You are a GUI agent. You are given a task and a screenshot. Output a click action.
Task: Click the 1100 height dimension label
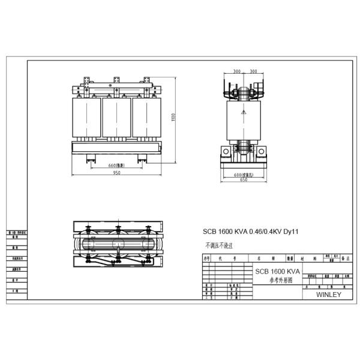173,118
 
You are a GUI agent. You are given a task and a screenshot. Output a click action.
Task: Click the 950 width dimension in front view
116,173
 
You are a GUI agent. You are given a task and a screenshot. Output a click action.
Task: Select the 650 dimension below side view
244,179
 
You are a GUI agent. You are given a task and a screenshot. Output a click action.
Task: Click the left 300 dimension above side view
237,71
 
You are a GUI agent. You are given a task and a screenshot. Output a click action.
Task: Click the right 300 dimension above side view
253,71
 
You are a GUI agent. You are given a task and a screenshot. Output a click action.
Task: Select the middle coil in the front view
116,118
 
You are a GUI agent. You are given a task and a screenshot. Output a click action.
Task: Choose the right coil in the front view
146,118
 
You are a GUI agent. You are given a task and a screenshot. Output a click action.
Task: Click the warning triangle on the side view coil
244,112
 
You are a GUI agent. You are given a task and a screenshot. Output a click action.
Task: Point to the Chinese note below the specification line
218,245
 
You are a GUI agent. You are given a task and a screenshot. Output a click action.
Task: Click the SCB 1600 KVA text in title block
277,271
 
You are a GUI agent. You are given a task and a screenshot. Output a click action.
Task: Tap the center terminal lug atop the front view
116,80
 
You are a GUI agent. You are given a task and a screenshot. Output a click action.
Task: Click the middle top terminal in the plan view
118,229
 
